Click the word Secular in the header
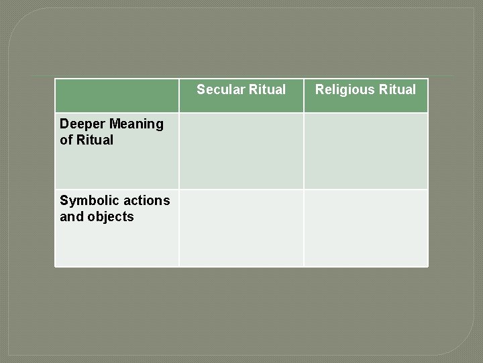[x=219, y=89]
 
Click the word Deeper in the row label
[x=82, y=124]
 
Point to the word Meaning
[x=136, y=124]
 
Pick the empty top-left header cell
[x=117, y=95]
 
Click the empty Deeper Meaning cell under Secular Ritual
[x=241, y=151]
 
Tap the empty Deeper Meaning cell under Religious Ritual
[x=366, y=151]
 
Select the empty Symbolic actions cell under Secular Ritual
[x=241, y=228]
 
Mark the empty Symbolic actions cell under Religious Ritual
[x=366, y=228]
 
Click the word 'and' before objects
[x=70, y=217]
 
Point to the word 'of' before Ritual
[x=66, y=140]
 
